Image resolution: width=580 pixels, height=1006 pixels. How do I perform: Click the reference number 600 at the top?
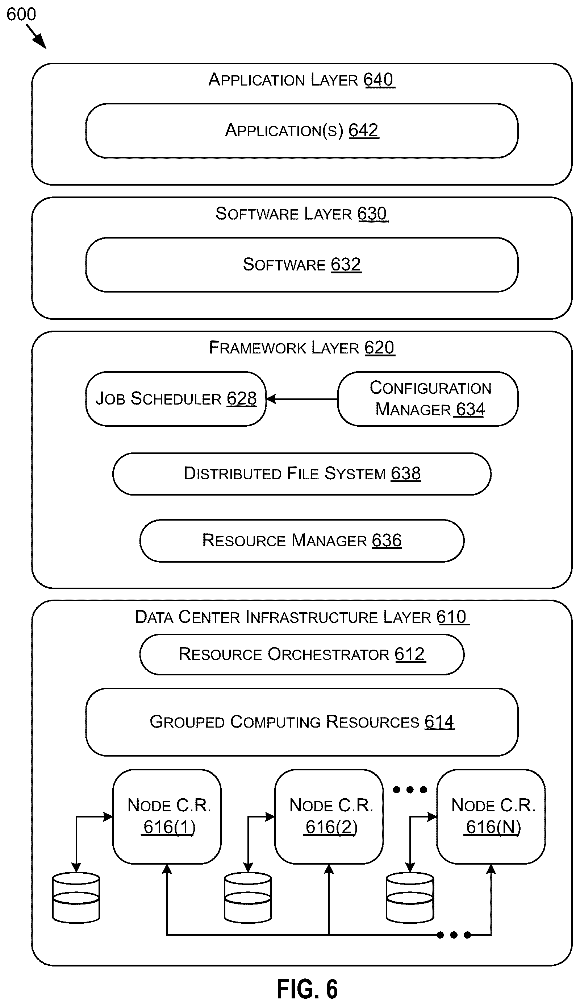coord(21,15)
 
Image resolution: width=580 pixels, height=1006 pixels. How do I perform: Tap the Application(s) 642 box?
coord(301,131)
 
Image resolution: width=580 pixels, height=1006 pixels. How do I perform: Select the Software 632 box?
coord(301,265)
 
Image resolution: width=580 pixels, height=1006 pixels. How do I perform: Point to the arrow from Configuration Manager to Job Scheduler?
coord(302,398)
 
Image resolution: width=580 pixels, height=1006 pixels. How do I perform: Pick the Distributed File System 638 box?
coord(301,474)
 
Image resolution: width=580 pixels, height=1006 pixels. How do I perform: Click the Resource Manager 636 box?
coord(301,541)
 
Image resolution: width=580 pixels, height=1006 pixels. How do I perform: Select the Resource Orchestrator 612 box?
coord(301,654)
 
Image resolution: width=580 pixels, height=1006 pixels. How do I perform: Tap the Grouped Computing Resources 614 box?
coord(301,722)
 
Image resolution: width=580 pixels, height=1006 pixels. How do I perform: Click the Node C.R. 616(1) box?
coord(167,817)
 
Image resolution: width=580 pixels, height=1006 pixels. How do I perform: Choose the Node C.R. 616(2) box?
coord(329,817)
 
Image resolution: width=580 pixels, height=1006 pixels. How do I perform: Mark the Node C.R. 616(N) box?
coord(491,817)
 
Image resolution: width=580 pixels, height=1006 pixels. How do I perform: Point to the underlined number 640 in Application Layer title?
coord(379,80)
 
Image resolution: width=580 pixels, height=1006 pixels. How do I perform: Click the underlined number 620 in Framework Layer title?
coord(379,348)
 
